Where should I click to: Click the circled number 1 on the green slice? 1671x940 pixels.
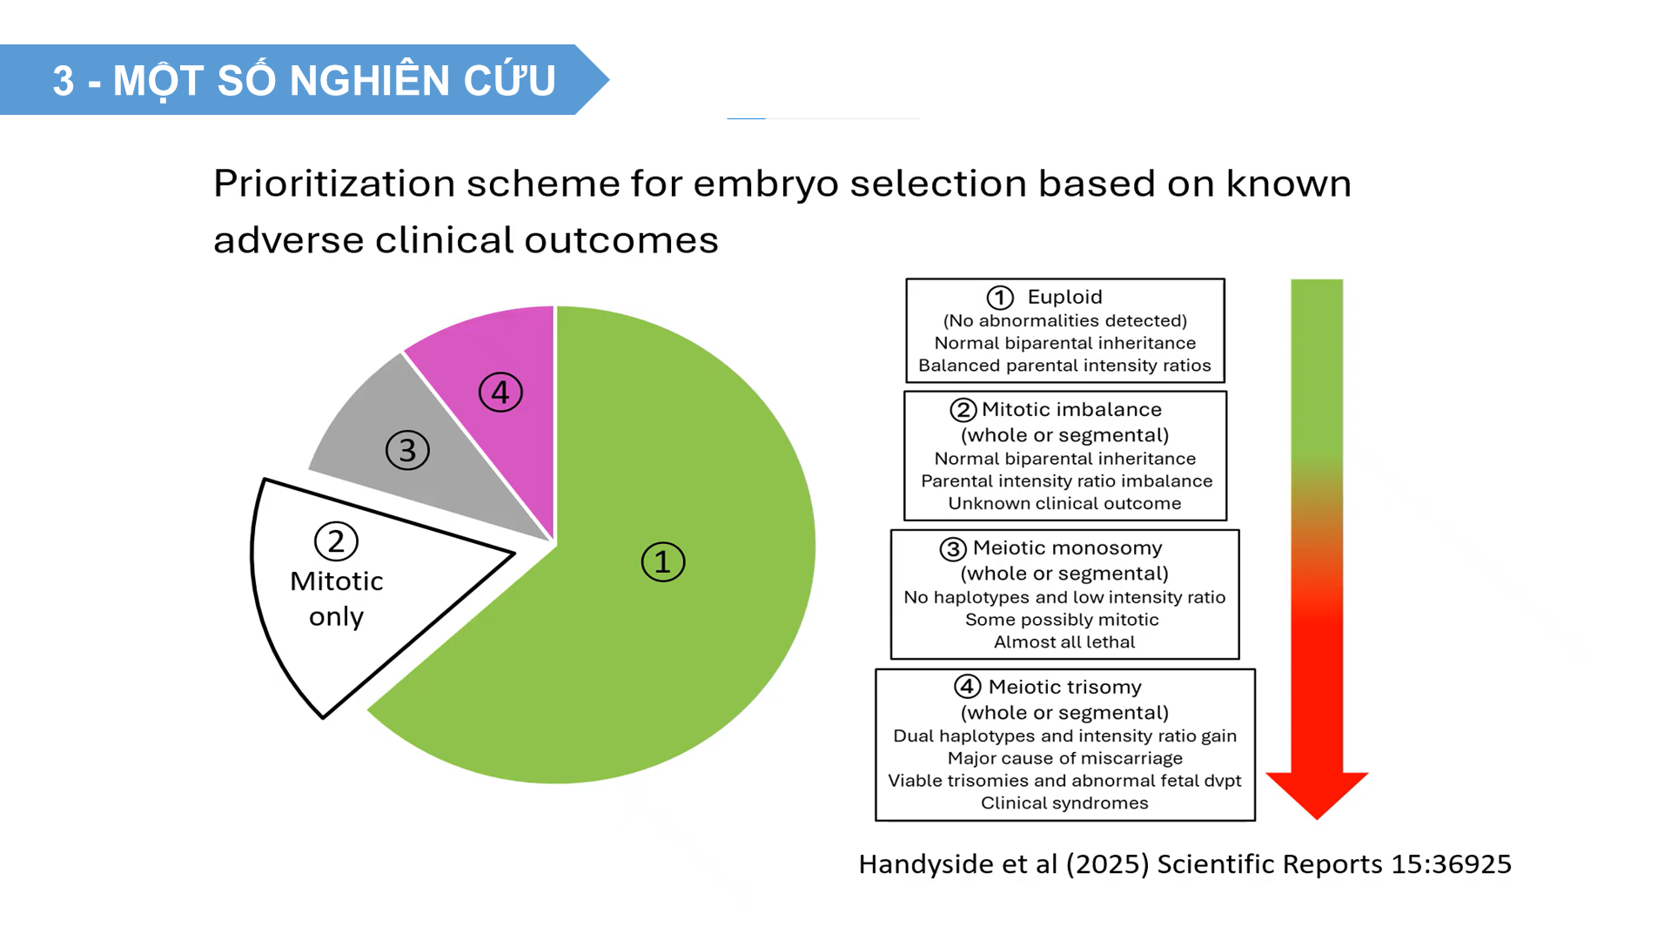pyautogui.click(x=663, y=561)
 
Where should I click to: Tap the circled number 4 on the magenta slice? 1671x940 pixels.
pyautogui.click(x=500, y=393)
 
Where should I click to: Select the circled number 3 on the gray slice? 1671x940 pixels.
pyautogui.click(x=407, y=450)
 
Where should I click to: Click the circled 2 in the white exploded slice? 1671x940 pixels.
pyautogui.click(x=336, y=541)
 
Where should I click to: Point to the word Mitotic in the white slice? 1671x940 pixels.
pyautogui.click(x=337, y=581)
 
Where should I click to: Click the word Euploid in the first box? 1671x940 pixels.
pyautogui.click(x=1064, y=297)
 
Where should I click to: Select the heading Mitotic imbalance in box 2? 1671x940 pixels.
pyautogui.click(x=1071, y=409)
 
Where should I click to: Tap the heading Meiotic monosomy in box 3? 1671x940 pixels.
pyautogui.click(x=1067, y=547)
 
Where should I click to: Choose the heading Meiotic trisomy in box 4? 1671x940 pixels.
pyautogui.click(x=1064, y=687)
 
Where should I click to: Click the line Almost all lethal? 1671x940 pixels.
pyautogui.click(x=1064, y=642)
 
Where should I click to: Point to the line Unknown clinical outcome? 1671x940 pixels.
pyautogui.click(x=1064, y=503)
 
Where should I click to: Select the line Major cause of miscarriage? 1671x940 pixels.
pyautogui.click(x=1064, y=758)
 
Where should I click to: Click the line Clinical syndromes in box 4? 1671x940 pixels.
pyautogui.click(x=1064, y=802)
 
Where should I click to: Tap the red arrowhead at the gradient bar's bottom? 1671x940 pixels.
pyautogui.click(x=1317, y=794)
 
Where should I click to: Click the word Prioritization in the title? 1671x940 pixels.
pyautogui.click(x=334, y=185)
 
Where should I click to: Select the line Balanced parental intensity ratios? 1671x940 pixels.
pyautogui.click(x=1064, y=366)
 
